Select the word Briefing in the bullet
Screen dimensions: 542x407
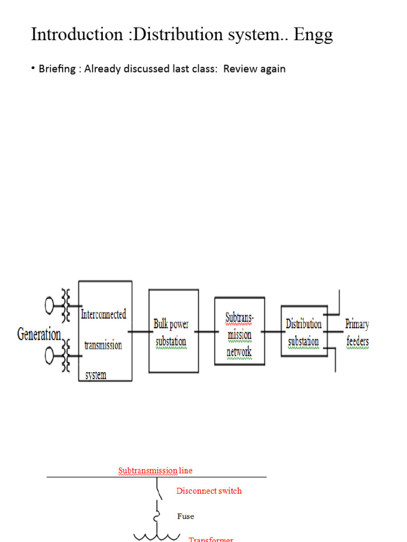57,69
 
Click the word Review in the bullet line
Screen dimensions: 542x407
241,69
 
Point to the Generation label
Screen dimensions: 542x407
39,335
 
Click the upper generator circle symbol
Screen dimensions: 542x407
50,305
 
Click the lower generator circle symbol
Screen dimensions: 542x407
50,356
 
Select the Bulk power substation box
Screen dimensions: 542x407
171,331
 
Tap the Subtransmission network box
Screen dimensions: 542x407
239,331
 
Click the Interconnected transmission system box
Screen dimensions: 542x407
105,331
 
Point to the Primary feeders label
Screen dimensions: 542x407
357,332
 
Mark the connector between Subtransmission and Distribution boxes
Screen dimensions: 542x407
272,332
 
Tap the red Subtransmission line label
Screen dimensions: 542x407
155,471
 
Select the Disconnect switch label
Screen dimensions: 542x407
209,491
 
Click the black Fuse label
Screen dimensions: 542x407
185,516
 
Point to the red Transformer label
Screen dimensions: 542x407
211,539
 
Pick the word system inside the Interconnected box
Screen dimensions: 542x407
96,375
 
